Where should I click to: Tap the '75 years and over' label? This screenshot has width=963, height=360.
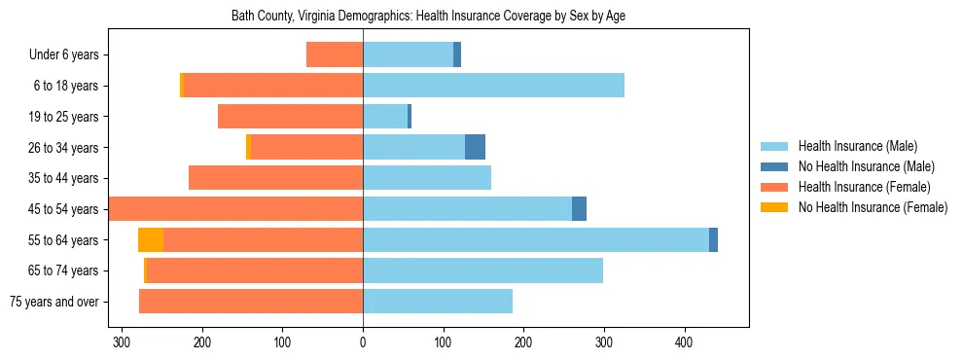click(x=54, y=302)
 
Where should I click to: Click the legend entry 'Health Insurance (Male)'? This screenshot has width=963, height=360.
click(x=857, y=146)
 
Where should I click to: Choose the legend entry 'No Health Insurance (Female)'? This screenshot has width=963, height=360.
click(x=873, y=207)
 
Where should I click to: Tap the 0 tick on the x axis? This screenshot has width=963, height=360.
click(x=363, y=342)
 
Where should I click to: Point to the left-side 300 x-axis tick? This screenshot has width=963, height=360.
click(x=122, y=342)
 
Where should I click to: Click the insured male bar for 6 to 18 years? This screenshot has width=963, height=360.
click(x=493, y=86)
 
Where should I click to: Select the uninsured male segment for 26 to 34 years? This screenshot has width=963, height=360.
click(x=475, y=147)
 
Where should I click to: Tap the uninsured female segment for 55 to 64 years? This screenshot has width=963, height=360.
click(x=151, y=239)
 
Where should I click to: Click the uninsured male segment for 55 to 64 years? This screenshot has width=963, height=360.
click(x=713, y=239)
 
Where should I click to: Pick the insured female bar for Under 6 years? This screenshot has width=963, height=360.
click(x=335, y=54)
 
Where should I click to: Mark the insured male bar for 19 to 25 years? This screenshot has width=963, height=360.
click(x=385, y=117)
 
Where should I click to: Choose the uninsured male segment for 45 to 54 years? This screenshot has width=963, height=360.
click(x=579, y=209)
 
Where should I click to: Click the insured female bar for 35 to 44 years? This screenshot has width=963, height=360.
click(x=275, y=178)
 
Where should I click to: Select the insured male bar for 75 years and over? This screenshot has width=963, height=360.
click(x=438, y=302)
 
